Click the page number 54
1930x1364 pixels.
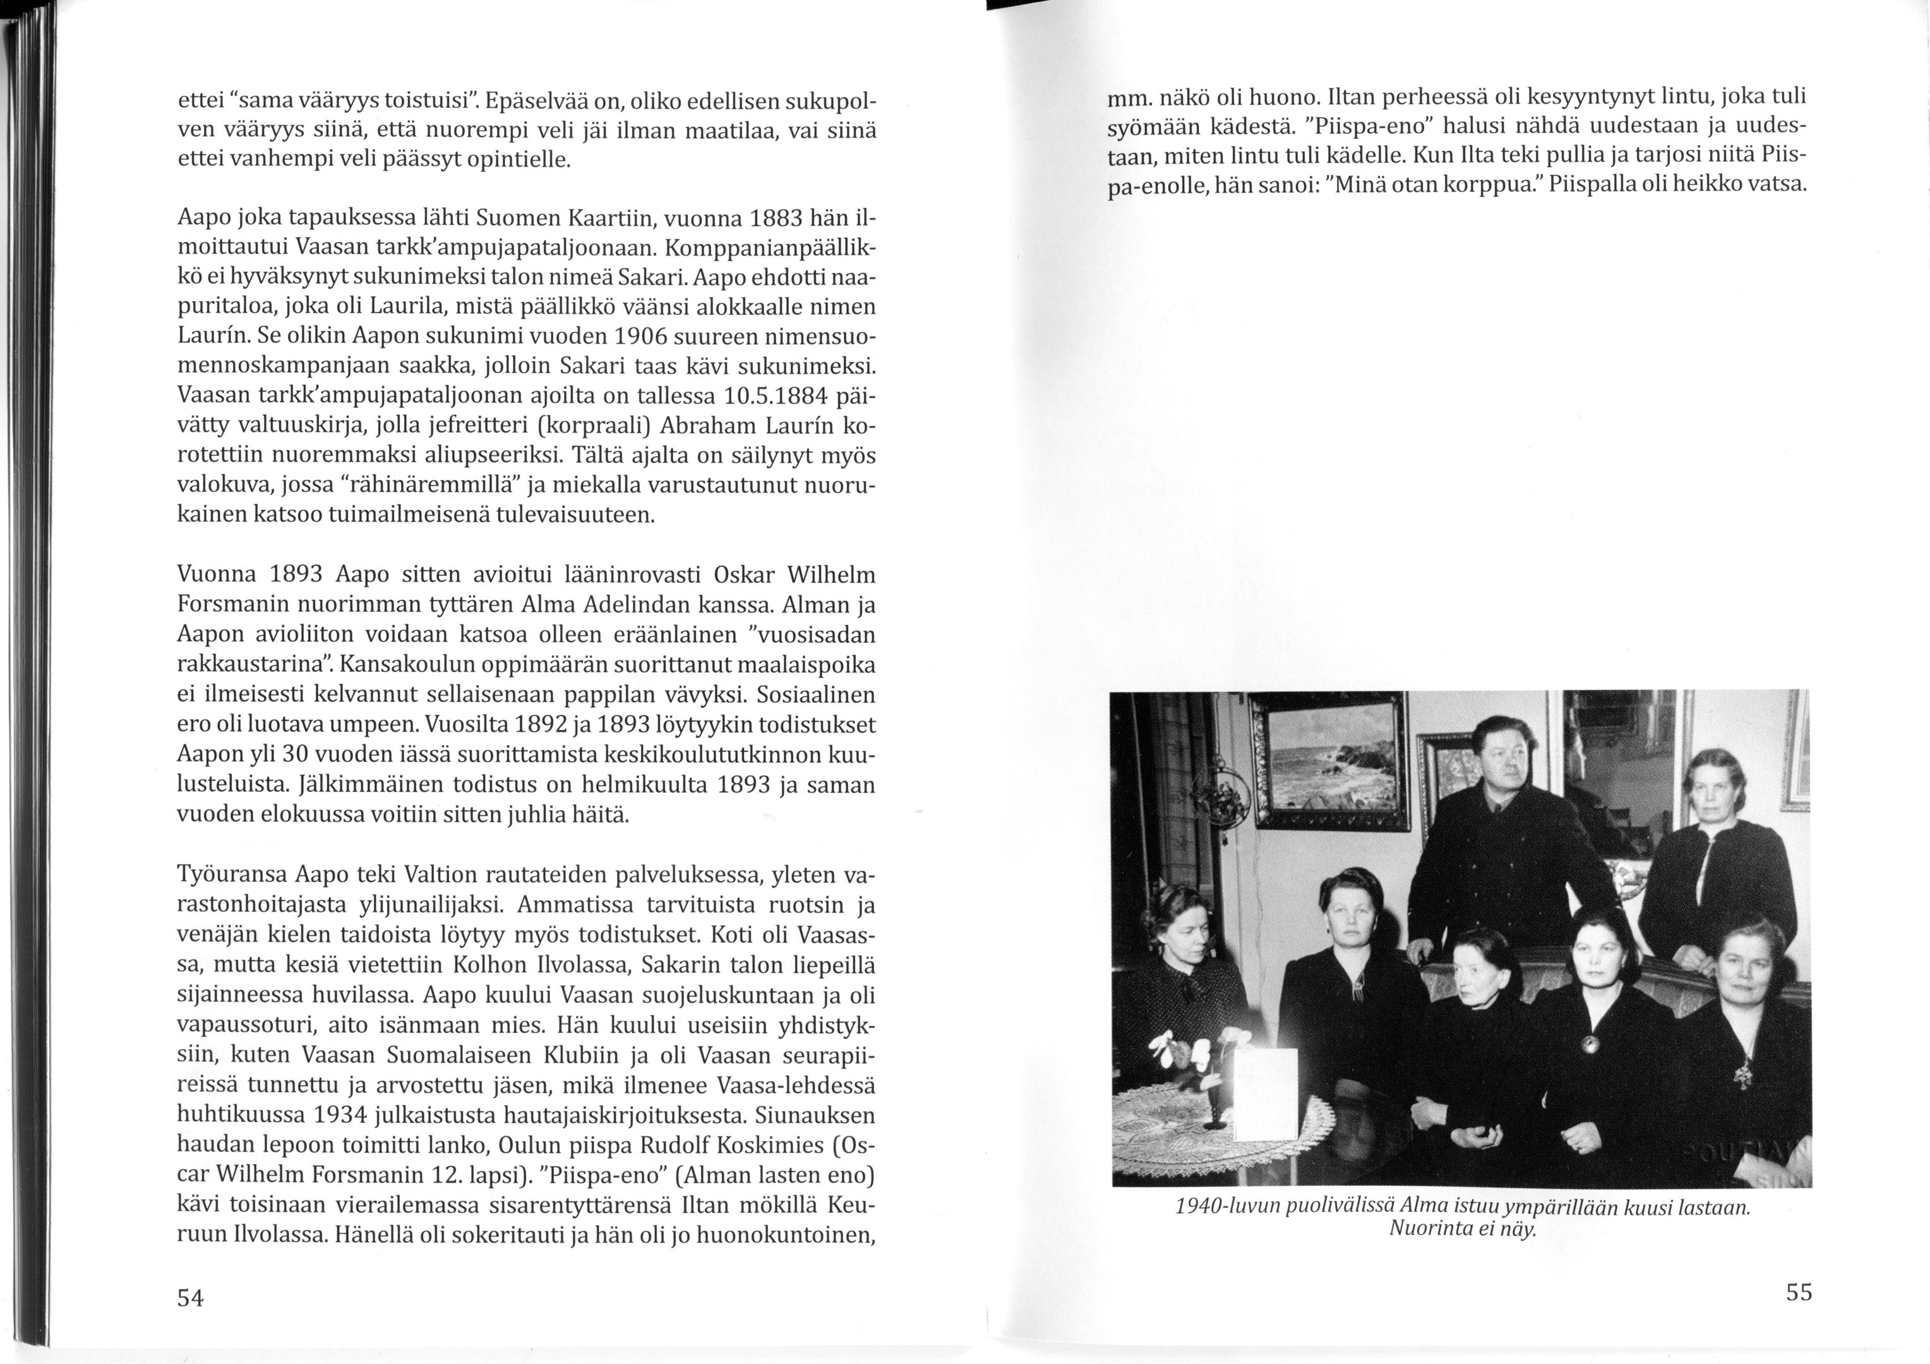(191, 1298)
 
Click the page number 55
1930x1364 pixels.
(1799, 1293)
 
